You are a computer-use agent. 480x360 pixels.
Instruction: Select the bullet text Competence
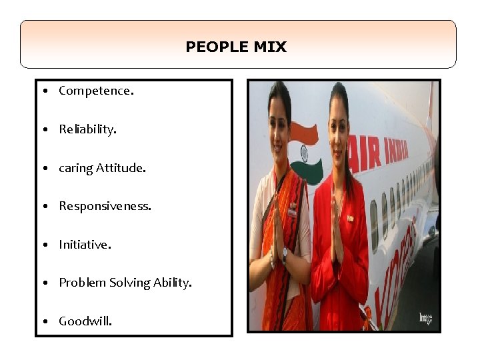click(96, 91)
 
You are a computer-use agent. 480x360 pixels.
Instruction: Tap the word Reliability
click(87, 129)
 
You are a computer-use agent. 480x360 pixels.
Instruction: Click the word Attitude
click(121, 168)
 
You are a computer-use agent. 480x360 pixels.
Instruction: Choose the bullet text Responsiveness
click(105, 206)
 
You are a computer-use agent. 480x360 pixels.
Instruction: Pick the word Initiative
click(85, 245)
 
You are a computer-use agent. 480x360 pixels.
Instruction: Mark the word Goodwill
click(85, 321)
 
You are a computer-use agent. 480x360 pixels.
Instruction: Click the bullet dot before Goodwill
click(44, 321)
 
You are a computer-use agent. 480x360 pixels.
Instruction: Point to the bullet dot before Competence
click(44, 91)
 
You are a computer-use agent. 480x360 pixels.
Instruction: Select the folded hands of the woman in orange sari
click(277, 230)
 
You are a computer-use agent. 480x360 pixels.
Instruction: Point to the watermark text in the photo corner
click(425, 319)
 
